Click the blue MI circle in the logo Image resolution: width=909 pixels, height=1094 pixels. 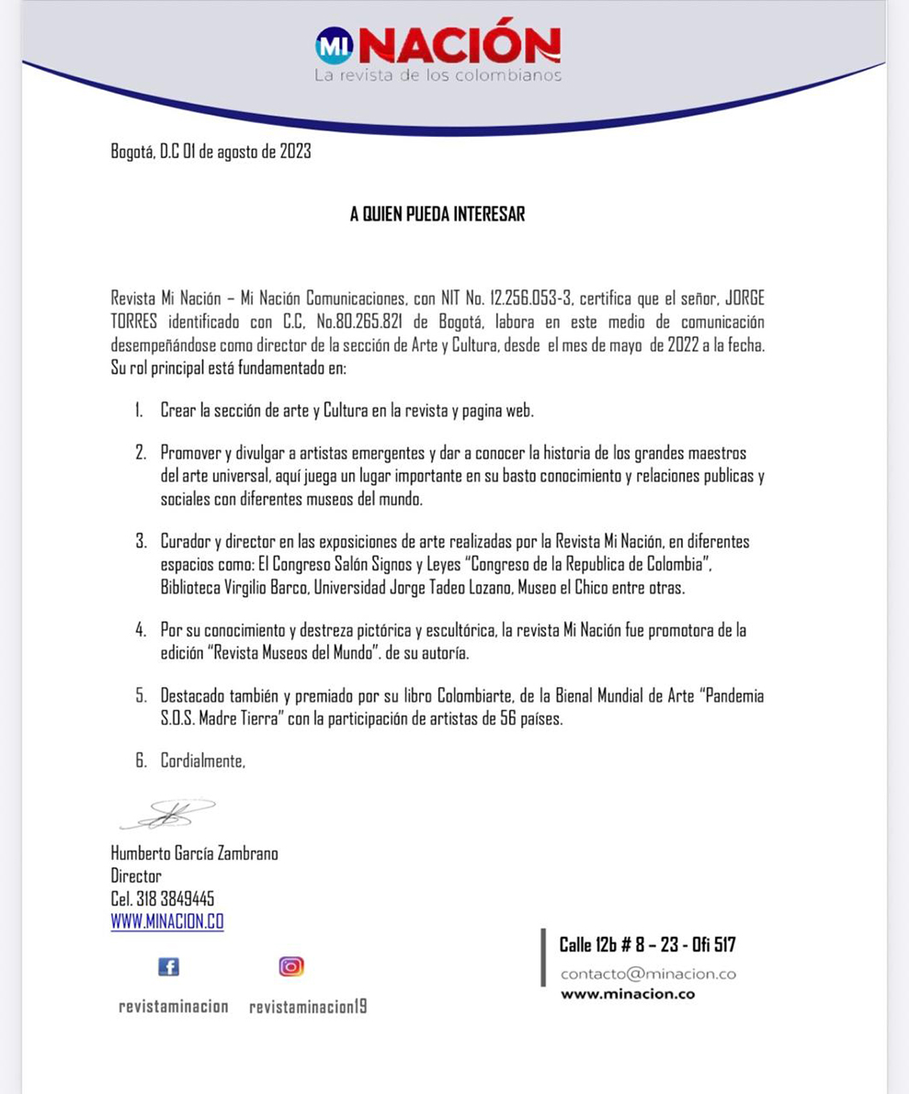334,45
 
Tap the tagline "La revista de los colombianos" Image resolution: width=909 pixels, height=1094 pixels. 437,75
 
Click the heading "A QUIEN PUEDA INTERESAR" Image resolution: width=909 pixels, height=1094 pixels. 437,215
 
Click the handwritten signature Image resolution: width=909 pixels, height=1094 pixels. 168,813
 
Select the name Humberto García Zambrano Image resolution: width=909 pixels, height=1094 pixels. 194,853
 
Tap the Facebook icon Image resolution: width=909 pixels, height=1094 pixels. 168,966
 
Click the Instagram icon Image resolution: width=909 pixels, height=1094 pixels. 291,966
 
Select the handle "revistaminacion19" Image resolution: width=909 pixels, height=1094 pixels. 308,1007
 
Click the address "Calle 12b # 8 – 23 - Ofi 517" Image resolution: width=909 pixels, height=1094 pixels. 647,944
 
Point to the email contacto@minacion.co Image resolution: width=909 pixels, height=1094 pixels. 648,974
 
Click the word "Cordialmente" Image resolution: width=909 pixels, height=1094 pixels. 203,761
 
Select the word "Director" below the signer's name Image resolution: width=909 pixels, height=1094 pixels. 136,876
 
